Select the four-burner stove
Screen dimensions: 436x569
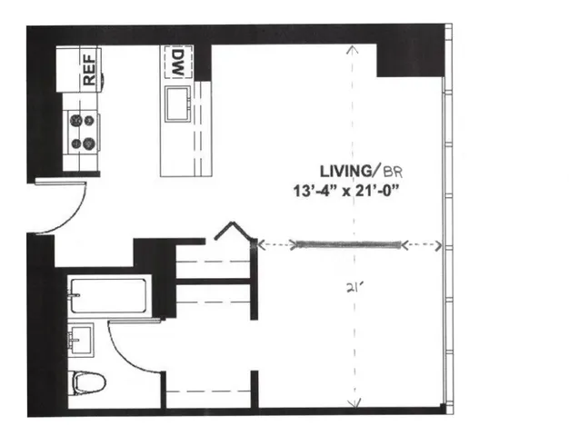pyautogui.click(x=82, y=131)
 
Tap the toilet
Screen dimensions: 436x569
pyautogui.click(x=85, y=381)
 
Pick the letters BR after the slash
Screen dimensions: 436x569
pyautogui.click(x=393, y=171)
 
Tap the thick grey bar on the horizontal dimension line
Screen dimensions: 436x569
pyautogui.click(x=346, y=243)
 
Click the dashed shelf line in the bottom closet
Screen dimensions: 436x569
pyautogui.click(x=208, y=391)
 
